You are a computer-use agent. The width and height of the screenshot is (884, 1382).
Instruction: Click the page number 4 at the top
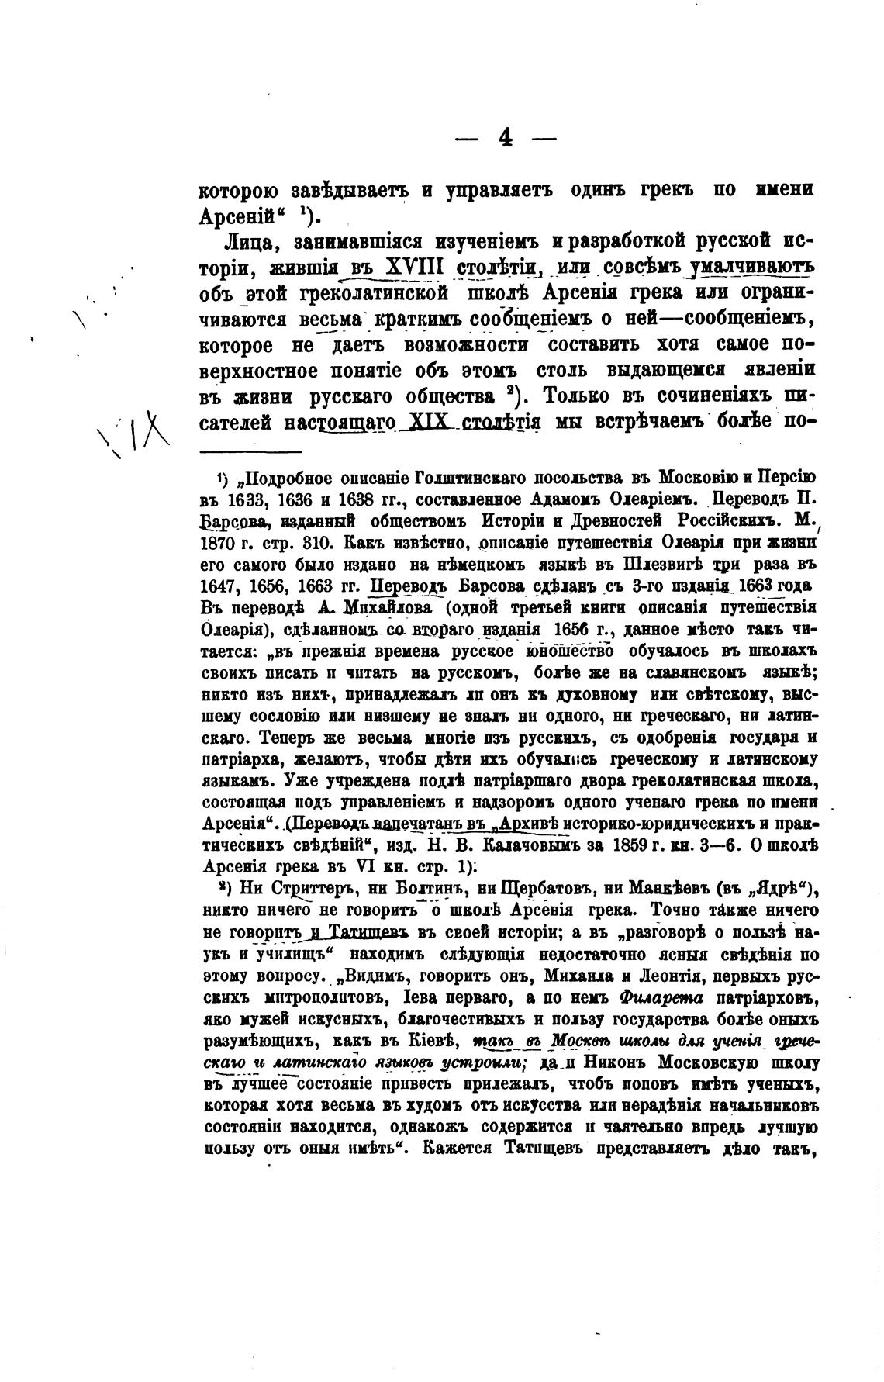pos(505,138)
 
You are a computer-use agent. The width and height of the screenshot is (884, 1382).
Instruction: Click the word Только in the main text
pos(578,397)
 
